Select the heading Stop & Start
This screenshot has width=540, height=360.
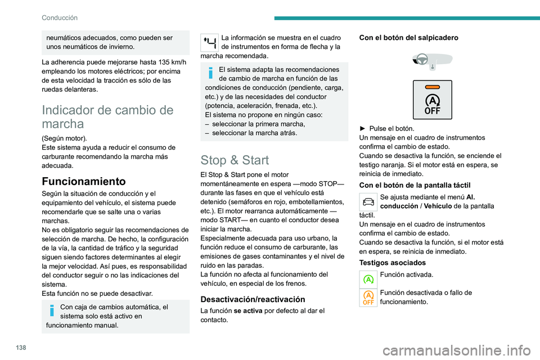235,159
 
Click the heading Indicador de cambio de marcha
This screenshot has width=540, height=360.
107,116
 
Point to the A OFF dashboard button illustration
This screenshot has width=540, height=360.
432,100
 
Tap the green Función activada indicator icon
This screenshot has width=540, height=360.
368,278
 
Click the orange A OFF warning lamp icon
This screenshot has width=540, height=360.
368,298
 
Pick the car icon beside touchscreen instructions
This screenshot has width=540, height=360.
368,200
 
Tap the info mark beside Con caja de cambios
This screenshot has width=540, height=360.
52,310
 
